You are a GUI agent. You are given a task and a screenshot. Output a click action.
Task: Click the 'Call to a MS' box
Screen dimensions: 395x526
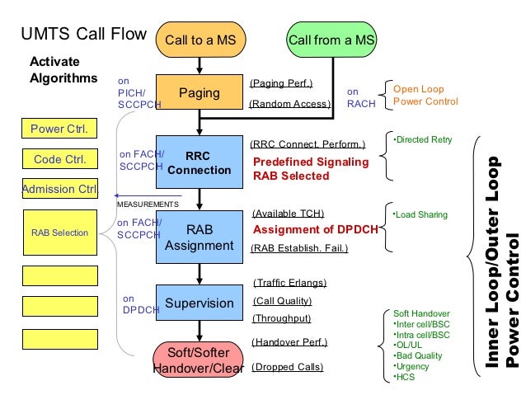tap(199, 39)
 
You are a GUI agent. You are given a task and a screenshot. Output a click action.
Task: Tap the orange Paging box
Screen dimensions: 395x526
tap(199, 93)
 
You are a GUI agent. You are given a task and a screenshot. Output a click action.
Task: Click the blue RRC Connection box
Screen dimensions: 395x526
tap(199, 162)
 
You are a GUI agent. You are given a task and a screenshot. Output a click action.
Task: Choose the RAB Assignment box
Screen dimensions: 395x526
tap(199, 237)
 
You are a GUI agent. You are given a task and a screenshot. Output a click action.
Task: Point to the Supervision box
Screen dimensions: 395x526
tap(199, 303)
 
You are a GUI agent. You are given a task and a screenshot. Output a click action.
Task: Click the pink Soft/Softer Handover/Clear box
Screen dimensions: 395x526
tap(199, 360)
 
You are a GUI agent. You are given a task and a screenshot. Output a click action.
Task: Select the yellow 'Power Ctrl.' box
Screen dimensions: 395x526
tap(59, 129)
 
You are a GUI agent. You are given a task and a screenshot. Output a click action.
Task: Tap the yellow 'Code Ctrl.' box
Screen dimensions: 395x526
tap(59, 159)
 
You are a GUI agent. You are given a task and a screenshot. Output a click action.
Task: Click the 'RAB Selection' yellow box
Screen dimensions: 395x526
tap(59, 233)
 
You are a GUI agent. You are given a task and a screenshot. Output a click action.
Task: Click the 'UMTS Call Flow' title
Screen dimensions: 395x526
tap(82, 35)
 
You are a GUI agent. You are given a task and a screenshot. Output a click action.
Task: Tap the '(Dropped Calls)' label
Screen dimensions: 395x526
tap(287, 367)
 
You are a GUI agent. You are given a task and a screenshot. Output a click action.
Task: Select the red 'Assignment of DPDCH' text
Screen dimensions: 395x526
tap(305, 230)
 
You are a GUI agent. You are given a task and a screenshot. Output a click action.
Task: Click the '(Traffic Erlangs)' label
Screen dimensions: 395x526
tap(289, 282)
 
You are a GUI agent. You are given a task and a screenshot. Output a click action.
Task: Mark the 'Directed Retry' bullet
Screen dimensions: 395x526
tap(422, 139)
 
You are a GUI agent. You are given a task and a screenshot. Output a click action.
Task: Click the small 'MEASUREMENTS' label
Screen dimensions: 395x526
tap(148, 204)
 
